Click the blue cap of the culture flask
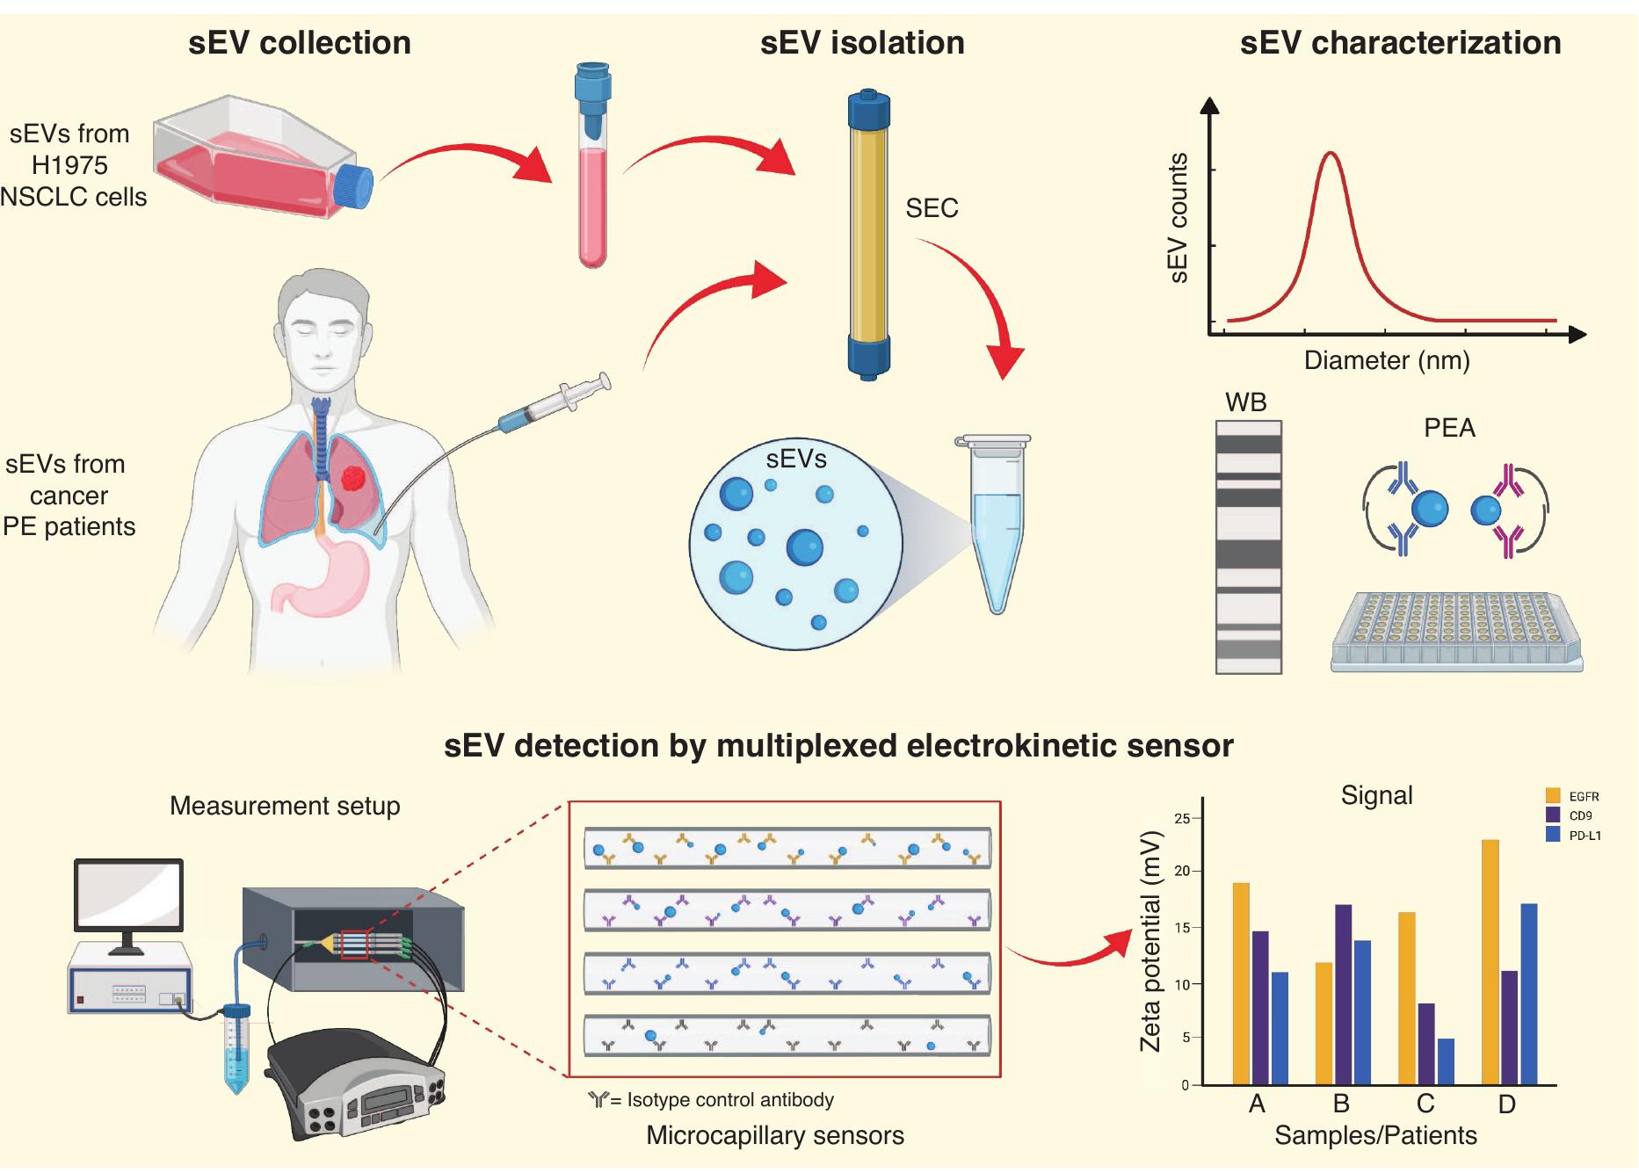pyautogui.click(x=356, y=187)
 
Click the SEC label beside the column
pyautogui.click(x=932, y=208)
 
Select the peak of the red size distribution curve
pyautogui.click(x=1331, y=155)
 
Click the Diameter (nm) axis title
pyautogui.click(x=1386, y=360)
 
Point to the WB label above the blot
pyautogui.click(x=1245, y=402)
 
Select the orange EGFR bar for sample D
pyautogui.click(x=1490, y=961)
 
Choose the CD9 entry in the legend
pyautogui.click(x=1580, y=815)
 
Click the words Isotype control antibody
pyautogui.click(x=729, y=1100)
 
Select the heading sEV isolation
pyautogui.click(x=861, y=43)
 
